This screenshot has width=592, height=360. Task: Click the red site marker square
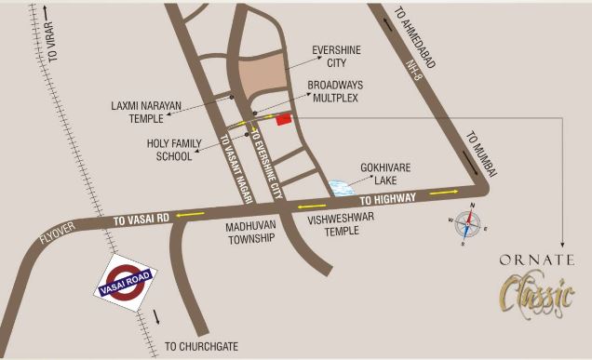point(283,119)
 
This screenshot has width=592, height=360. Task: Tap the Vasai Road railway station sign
point(127,278)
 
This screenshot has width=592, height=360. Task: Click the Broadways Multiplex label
point(336,90)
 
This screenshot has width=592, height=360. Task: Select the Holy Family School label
point(169,150)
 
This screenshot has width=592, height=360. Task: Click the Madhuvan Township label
point(251,233)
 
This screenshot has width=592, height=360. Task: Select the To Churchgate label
point(201,347)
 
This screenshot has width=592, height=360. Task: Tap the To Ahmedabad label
point(414,37)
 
